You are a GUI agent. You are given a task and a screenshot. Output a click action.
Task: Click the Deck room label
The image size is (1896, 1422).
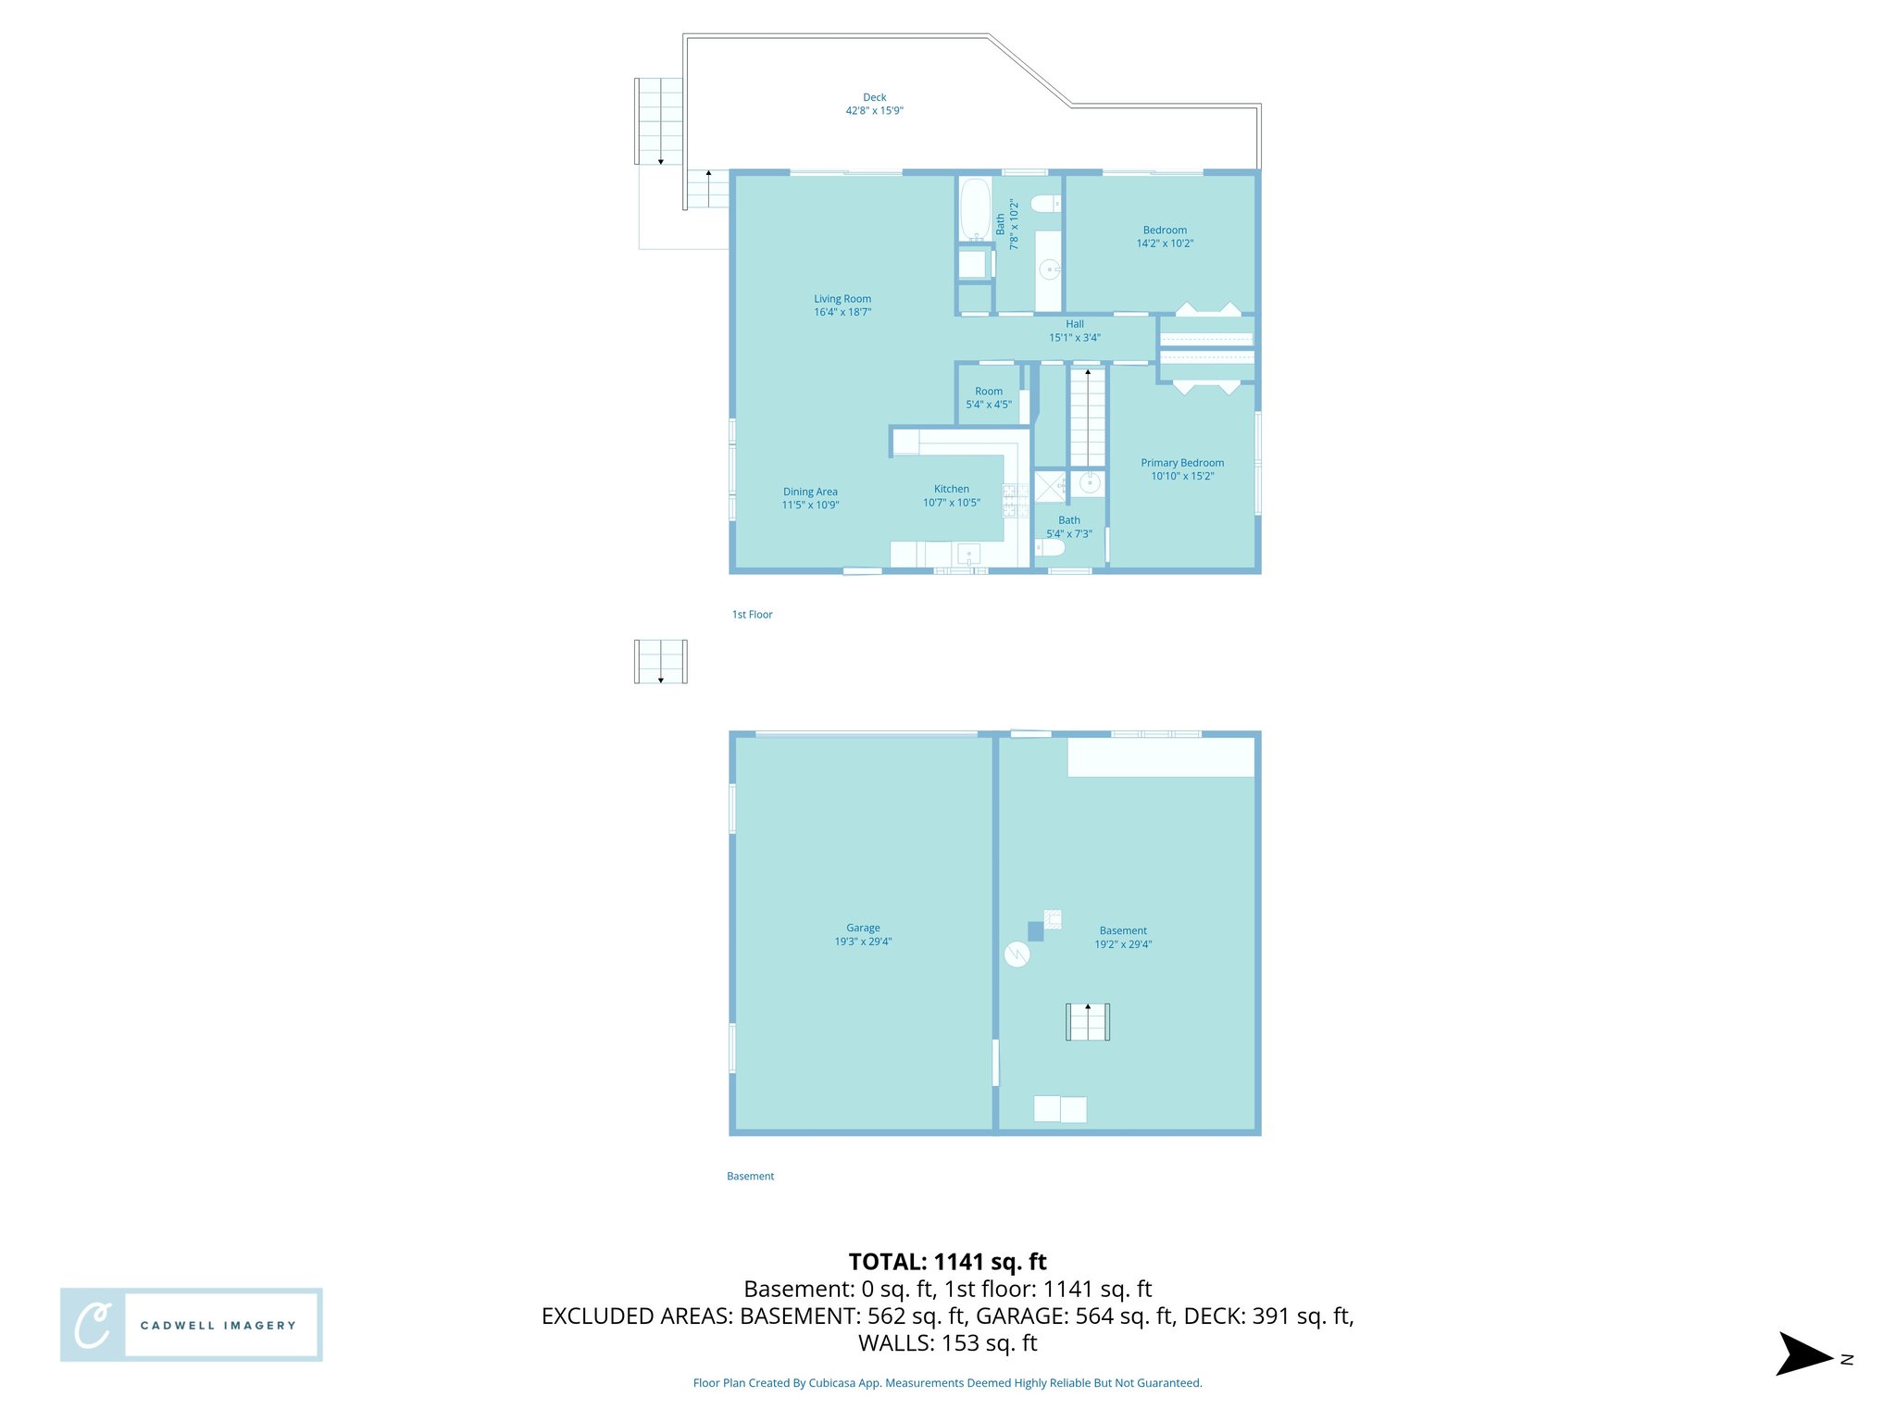coord(874,97)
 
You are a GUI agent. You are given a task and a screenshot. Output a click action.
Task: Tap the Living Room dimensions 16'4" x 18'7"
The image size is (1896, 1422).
coord(842,312)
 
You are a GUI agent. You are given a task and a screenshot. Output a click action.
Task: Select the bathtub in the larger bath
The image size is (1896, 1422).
coord(974,208)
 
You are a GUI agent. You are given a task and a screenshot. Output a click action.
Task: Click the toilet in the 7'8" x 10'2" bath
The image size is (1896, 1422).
coord(1045,204)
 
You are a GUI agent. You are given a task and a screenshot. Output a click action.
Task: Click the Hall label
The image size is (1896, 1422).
coord(1074,324)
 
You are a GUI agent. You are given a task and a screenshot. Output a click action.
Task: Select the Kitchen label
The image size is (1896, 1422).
coord(951,489)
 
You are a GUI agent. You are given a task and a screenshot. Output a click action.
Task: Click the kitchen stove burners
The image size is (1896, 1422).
coord(1016,500)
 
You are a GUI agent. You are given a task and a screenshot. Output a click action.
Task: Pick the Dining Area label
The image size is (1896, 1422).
coord(810,492)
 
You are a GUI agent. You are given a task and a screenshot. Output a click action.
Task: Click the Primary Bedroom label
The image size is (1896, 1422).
coord(1182,463)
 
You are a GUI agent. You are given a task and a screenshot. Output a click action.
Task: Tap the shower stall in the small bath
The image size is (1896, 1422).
coord(1050,486)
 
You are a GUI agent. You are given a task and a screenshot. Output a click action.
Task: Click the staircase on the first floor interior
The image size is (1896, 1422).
coord(1088,417)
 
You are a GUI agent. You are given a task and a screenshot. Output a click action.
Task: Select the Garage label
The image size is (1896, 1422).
coord(863,928)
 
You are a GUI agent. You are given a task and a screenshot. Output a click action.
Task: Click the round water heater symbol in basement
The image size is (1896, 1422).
coord(1017,954)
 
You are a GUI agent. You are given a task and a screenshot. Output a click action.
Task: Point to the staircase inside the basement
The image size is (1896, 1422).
coord(1088,1022)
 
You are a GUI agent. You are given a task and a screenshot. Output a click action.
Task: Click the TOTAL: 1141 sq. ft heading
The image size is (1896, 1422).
coord(947,1262)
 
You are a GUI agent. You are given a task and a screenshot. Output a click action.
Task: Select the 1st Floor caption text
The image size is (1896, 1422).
coord(752,615)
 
